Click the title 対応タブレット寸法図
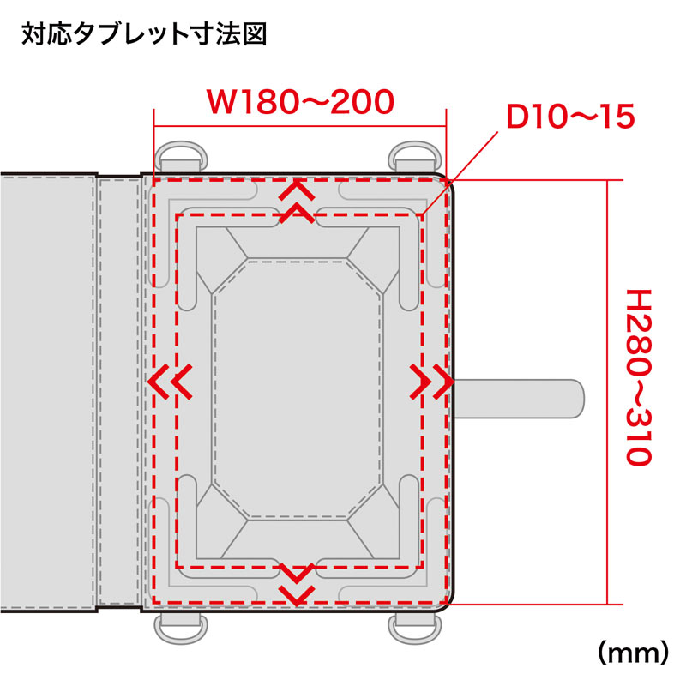(144, 34)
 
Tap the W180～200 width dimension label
(301, 102)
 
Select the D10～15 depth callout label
(570, 117)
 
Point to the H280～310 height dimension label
(639, 377)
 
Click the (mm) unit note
(633, 653)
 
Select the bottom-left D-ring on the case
(181, 629)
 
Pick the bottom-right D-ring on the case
(416, 629)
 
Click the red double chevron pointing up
(297, 202)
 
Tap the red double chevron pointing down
(297, 584)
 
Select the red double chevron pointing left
(170, 382)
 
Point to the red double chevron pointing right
(432, 382)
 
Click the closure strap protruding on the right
(519, 399)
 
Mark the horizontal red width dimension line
(299, 127)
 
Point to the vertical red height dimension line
(607, 392)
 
